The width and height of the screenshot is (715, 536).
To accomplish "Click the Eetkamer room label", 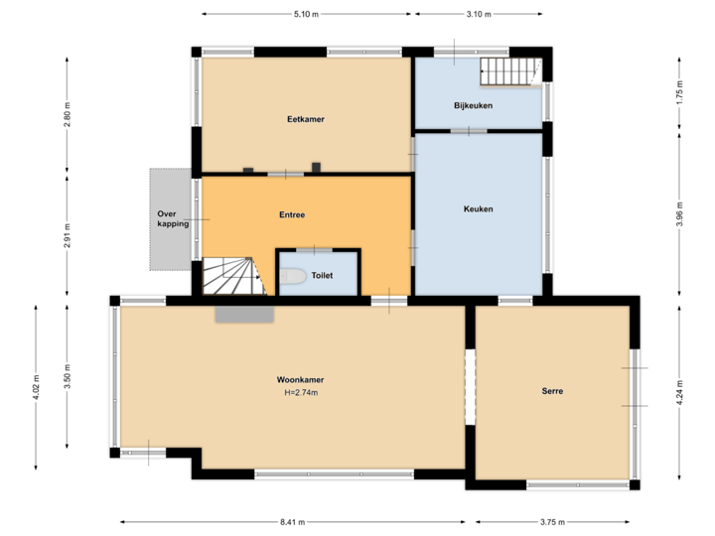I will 306,119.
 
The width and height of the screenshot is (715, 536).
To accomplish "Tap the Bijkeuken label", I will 474,105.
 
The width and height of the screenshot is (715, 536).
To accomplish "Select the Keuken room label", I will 478,208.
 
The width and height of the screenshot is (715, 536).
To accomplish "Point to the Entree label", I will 292,214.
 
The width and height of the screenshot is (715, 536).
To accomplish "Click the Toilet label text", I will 322,276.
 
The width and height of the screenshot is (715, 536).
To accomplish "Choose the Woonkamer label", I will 301,380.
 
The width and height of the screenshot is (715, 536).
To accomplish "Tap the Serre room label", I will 552,391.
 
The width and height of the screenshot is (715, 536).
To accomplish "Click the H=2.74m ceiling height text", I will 301,393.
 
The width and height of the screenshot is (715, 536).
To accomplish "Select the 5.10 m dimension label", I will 306,14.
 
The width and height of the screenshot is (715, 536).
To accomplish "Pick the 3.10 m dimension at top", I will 479,14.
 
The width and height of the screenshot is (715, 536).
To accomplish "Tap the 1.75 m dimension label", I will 679,93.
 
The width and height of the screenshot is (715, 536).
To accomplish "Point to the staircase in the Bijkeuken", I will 508,70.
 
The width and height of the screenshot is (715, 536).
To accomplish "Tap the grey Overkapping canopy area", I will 170,218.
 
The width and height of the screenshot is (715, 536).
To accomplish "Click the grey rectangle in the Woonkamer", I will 244,314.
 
